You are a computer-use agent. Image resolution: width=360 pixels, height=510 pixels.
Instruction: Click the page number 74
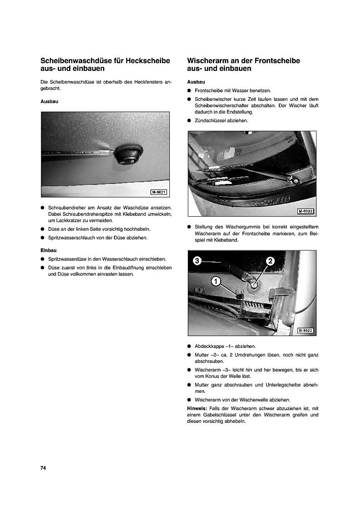(x=44, y=468)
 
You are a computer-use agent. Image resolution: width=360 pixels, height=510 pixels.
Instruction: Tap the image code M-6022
(x=306, y=212)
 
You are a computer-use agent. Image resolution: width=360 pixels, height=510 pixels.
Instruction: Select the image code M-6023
(x=306, y=331)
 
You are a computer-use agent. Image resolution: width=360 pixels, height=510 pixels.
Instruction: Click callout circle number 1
(x=216, y=282)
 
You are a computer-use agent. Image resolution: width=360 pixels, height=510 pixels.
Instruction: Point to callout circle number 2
(x=270, y=261)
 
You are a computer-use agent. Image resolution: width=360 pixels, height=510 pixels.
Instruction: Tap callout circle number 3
(x=197, y=261)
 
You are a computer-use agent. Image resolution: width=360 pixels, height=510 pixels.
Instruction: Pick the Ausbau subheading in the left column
(x=49, y=102)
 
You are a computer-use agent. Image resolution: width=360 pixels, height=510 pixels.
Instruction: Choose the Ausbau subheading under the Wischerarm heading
(x=196, y=82)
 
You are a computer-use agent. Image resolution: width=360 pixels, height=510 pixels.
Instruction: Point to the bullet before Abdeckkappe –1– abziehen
(x=189, y=346)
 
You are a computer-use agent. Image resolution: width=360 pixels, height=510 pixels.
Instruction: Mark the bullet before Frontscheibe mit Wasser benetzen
(x=189, y=91)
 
